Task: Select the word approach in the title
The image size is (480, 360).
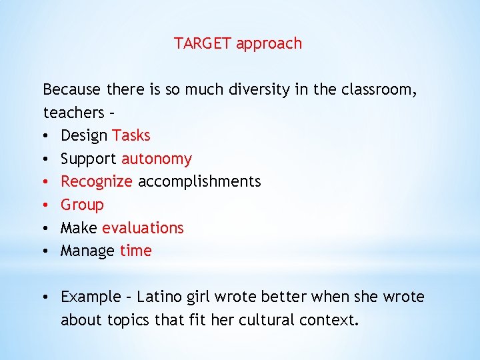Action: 269,45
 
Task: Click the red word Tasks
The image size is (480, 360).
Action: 131,135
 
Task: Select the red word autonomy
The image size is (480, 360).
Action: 156,159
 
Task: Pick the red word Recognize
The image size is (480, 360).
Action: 96,181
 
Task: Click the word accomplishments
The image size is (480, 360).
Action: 199,181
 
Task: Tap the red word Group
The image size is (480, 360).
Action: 82,205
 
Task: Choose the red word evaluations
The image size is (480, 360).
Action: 143,228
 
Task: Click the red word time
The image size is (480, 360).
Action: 136,251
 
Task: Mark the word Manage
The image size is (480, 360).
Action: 87,251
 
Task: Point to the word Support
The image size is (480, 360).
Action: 89,159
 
